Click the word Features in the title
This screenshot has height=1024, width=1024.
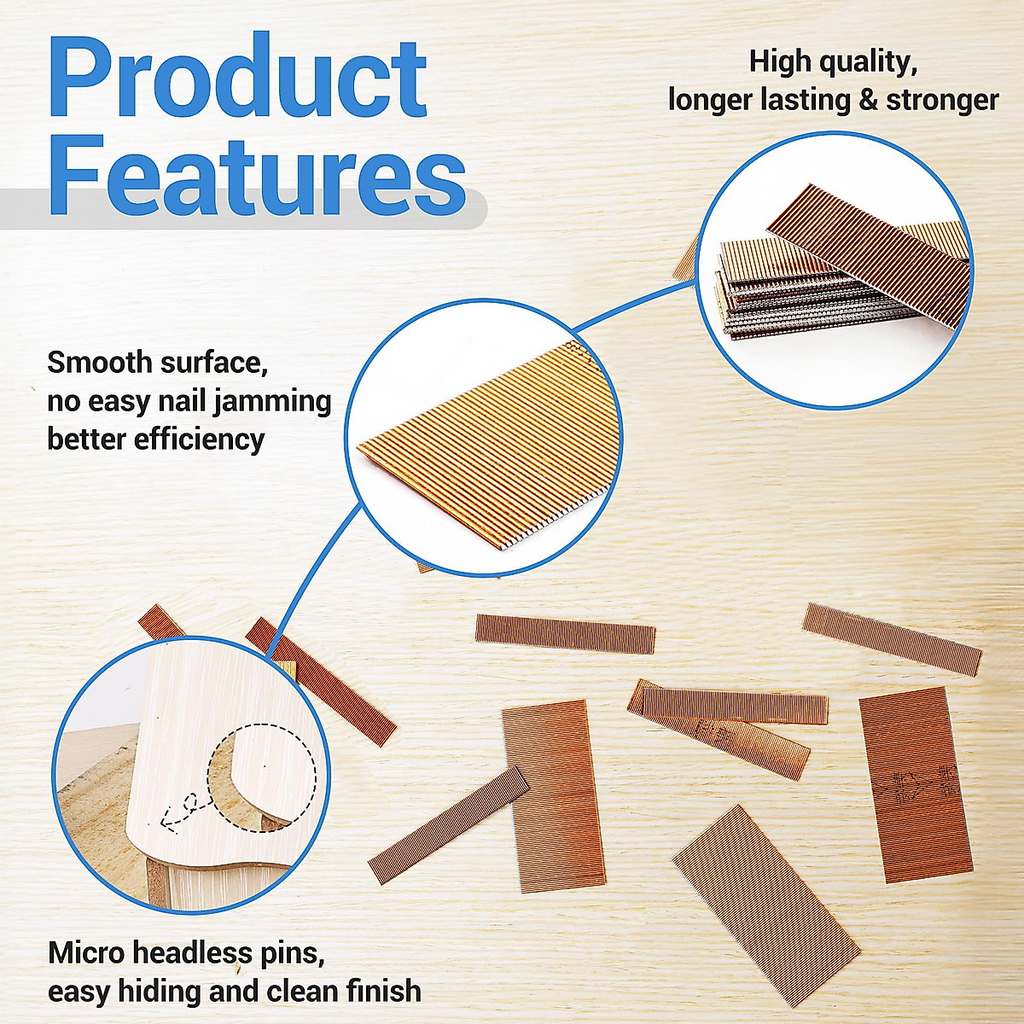[x=256, y=174]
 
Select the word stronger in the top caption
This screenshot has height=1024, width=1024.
[x=942, y=100]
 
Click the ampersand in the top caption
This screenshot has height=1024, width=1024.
[x=868, y=100]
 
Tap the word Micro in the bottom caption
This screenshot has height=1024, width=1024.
[x=86, y=952]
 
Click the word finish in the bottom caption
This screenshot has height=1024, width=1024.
[x=383, y=991]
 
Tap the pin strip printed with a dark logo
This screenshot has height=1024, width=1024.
[x=916, y=783]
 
